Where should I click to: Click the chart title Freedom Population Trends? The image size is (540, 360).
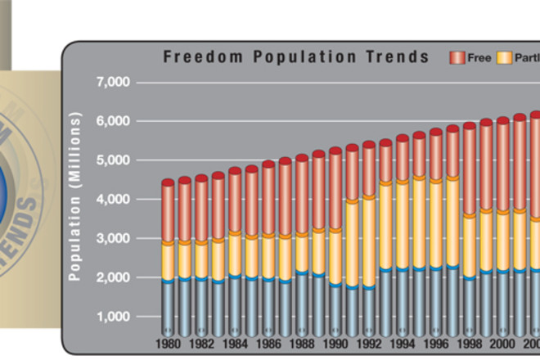pos(295,57)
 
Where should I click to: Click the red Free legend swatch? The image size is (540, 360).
pos(457,58)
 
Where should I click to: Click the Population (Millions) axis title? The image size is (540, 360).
pos(75,198)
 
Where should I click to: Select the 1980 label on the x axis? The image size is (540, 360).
pos(167,345)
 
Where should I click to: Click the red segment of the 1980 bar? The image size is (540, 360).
pos(167,213)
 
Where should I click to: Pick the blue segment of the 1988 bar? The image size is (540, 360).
pos(302,303)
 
